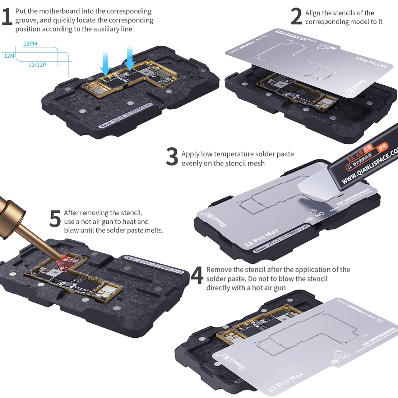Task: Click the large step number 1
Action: coord(7,17)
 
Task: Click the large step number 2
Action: coord(296,17)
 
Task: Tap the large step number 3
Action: coord(172,157)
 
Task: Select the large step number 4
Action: coord(197,275)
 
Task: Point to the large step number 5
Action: coord(55,219)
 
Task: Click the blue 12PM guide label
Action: coord(30,44)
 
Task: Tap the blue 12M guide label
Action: coord(9,56)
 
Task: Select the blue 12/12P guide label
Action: coord(37,65)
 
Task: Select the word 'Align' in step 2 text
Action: coord(313,13)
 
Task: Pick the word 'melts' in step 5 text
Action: coord(153,230)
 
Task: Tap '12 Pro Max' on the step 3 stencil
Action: coord(261,238)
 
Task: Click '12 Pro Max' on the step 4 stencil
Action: coord(285,382)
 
